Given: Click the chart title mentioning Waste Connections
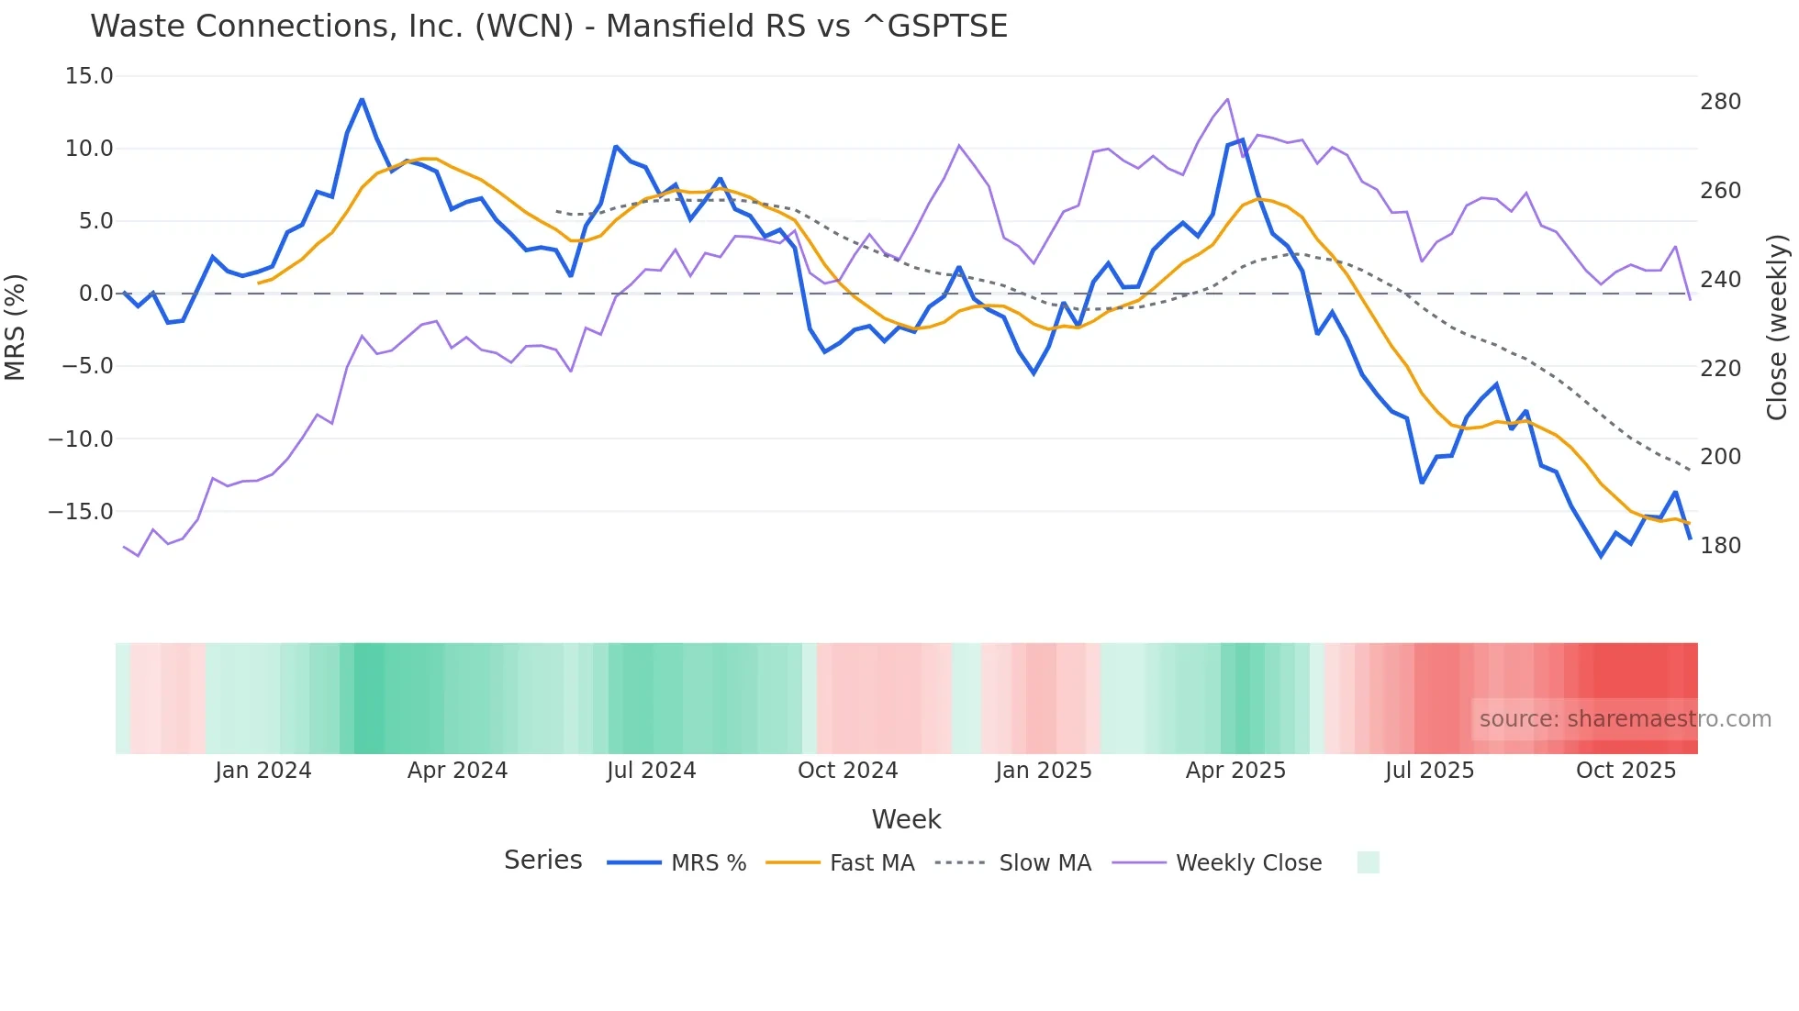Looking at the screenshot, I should tap(549, 26).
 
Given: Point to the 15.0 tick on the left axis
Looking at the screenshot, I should tap(89, 76).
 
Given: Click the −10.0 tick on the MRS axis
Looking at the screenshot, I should tap(81, 439).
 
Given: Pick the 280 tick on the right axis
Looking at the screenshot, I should tap(1720, 102).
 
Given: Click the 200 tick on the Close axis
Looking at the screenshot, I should tap(1720, 457).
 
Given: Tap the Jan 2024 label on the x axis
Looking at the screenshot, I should tap(263, 771).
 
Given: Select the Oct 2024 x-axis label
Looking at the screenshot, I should tap(847, 771).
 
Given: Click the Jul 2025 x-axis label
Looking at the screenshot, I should tap(1429, 771).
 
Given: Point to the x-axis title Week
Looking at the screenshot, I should tap(906, 819).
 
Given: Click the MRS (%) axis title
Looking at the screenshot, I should tap(16, 327).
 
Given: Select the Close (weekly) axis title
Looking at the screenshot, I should tap(1778, 327).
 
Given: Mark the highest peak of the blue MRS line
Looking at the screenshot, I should tap(362, 99).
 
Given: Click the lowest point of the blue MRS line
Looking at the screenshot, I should tap(1601, 556).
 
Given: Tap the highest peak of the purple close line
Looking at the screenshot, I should tap(1227, 99).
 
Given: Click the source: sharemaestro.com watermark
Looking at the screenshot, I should tap(1625, 719).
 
